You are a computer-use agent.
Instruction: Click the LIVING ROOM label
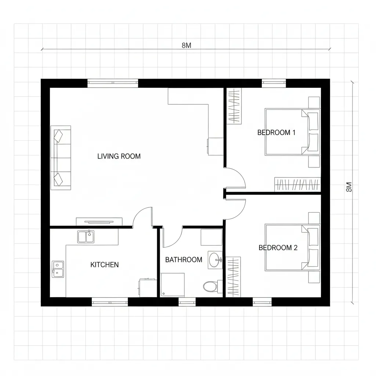(x=119, y=156)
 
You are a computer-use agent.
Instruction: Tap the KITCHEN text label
(x=105, y=265)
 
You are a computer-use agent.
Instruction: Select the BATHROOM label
(x=184, y=260)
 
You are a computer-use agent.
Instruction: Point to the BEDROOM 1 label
(x=276, y=133)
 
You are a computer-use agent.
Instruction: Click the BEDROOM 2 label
(x=278, y=248)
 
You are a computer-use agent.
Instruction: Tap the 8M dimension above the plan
(x=186, y=45)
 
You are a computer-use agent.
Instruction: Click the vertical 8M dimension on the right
(x=349, y=187)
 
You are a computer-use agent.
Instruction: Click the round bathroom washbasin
(x=214, y=260)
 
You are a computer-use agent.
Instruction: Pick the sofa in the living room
(x=61, y=158)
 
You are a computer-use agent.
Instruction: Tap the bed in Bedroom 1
(x=293, y=132)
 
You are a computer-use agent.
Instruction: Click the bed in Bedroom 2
(x=293, y=247)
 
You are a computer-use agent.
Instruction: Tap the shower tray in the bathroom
(x=173, y=285)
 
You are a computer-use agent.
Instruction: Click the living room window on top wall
(x=113, y=83)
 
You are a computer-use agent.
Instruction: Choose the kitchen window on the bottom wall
(x=110, y=302)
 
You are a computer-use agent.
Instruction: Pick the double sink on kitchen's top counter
(x=86, y=237)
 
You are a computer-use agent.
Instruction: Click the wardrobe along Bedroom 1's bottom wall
(x=297, y=184)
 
